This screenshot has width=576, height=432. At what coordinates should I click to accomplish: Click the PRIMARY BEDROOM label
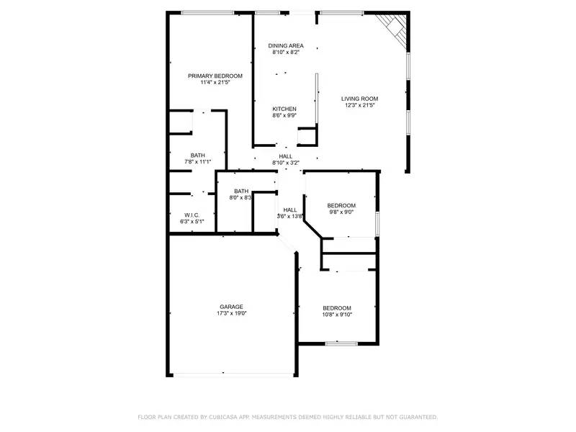(215, 76)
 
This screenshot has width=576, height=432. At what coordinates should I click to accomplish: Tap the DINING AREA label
(286, 45)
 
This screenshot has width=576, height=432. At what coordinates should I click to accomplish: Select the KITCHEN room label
(284, 109)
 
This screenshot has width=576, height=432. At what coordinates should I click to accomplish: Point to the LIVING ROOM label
(359, 99)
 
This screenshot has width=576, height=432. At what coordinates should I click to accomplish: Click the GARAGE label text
(231, 307)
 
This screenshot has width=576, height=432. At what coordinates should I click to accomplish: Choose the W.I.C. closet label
(192, 215)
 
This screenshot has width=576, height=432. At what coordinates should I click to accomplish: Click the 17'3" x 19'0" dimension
(231, 314)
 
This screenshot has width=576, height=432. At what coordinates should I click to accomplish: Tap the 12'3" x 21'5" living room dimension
(359, 106)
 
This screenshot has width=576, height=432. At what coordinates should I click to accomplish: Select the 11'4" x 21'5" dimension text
(215, 83)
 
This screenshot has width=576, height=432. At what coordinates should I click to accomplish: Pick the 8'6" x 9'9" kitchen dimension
(284, 116)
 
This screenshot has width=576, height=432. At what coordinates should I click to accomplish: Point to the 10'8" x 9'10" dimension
(337, 314)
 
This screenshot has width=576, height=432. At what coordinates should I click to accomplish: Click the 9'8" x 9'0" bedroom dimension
(341, 212)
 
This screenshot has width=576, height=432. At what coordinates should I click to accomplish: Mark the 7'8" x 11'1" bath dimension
(197, 162)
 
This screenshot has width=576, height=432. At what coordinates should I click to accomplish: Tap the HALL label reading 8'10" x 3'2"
(285, 163)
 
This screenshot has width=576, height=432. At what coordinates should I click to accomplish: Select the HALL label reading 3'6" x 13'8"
(289, 216)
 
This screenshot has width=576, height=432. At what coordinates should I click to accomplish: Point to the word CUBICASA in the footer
(228, 417)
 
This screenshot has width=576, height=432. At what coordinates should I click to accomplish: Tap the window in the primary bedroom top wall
(212, 12)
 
